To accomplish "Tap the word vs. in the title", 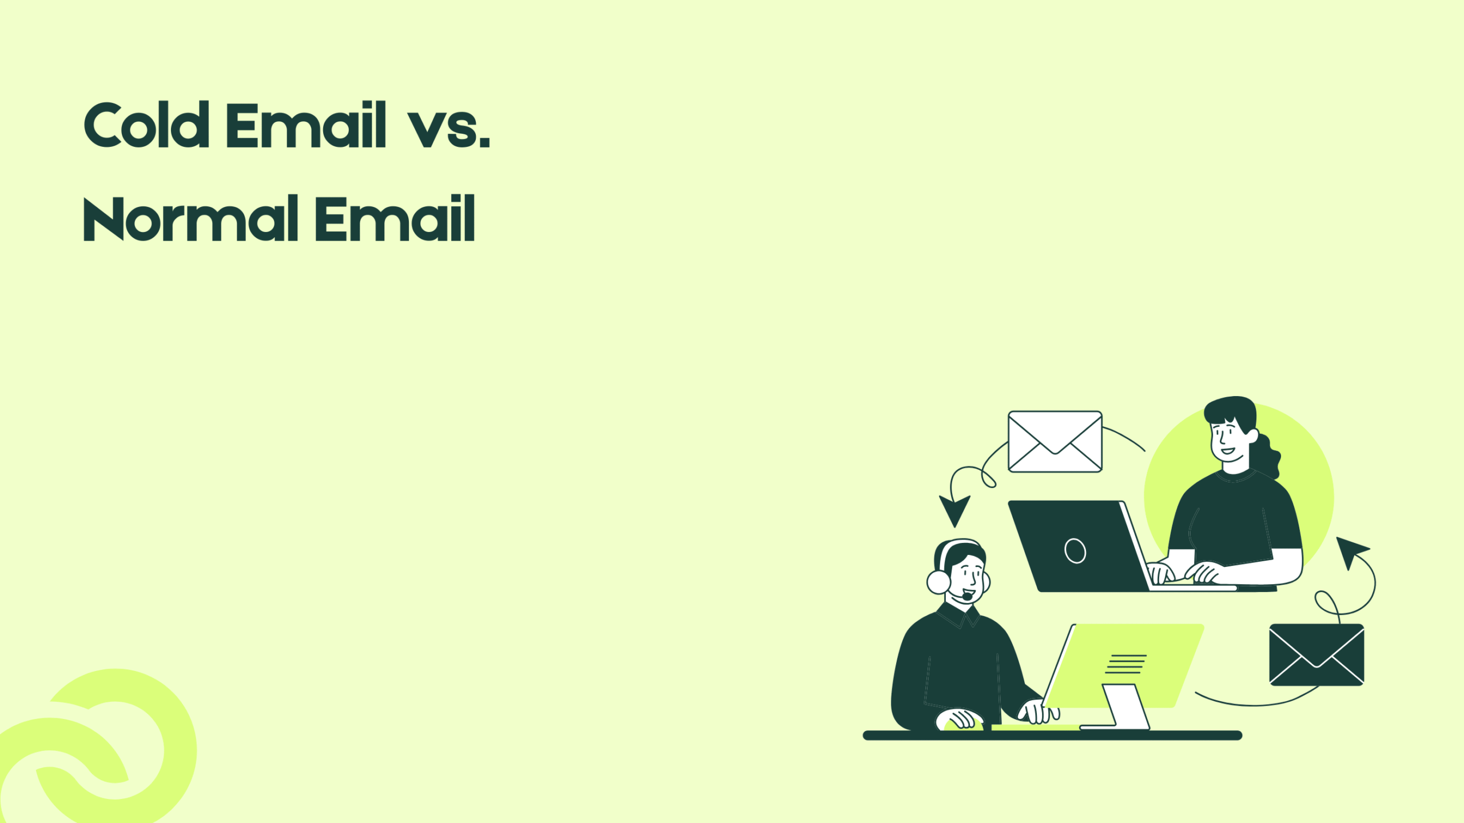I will click(x=449, y=128).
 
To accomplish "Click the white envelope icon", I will click(x=1055, y=441).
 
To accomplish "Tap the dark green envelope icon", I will click(x=1316, y=654).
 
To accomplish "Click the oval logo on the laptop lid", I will click(x=1075, y=551).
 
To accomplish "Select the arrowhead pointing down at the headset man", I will click(x=954, y=509).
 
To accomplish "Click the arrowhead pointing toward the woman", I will click(x=1351, y=550).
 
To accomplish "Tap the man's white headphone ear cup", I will click(x=938, y=582).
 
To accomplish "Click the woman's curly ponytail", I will click(x=1267, y=457).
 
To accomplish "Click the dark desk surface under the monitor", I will click(x=1052, y=736).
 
